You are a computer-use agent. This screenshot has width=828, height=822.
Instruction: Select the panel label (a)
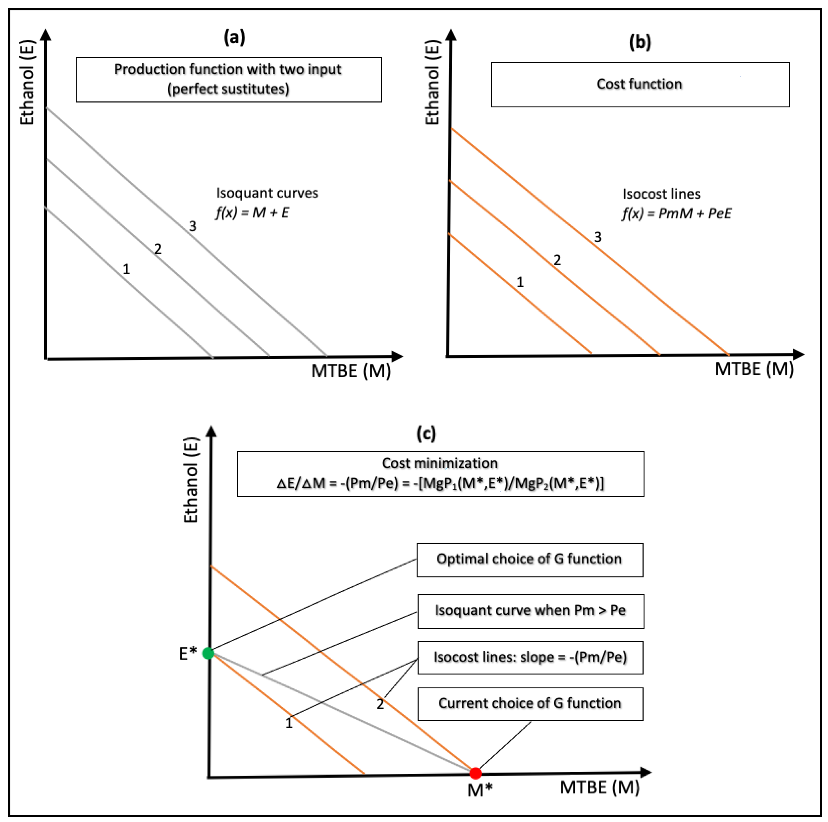tap(235, 38)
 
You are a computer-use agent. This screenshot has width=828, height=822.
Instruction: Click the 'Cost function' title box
tap(640, 84)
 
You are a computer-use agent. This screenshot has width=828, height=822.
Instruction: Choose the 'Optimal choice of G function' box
tap(530, 560)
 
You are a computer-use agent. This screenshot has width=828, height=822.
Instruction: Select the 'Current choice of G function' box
tap(530, 704)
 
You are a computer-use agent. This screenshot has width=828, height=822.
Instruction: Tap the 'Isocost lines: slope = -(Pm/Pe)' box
tap(530, 657)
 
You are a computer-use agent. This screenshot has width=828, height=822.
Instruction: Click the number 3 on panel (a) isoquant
tap(192, 226)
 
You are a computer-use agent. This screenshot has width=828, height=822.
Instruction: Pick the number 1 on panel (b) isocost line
tap(520, 282)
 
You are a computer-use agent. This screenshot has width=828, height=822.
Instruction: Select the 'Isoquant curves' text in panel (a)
tap(267, 193)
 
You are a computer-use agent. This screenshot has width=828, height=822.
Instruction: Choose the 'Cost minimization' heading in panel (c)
tap(440, 463)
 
